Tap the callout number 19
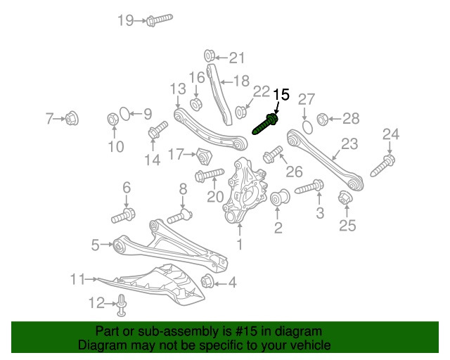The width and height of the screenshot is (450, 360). [125, 20]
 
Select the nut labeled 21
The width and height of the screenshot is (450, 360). [209, 56]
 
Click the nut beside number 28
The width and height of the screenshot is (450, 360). [323, 118]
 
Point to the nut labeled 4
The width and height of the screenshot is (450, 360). [207, 283]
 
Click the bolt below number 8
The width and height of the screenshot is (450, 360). [179, 213]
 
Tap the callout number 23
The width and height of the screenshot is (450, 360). [349, 144]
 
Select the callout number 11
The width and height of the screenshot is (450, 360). [77, 279]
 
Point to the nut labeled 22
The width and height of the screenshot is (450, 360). [241, 110]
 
